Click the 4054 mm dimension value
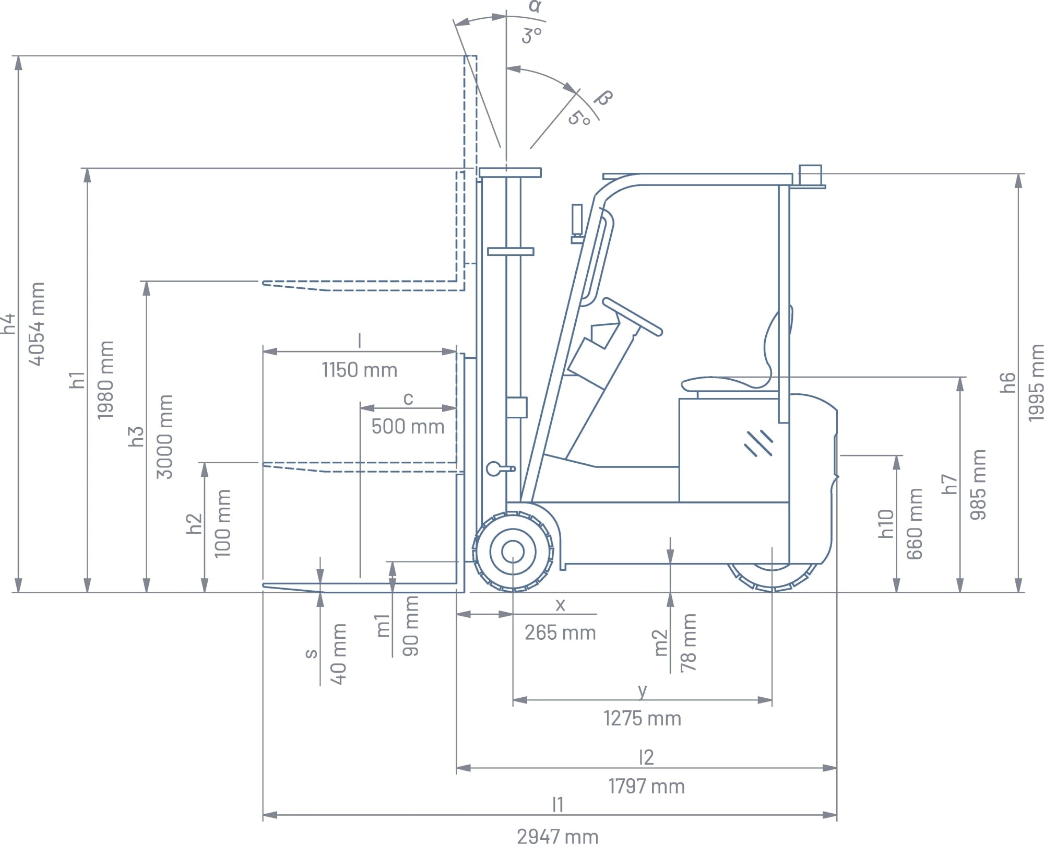[x=37, y=324]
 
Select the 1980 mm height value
[x=105, y=380]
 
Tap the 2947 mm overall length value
[x=557, y=836]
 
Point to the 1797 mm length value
[x=646, y=786]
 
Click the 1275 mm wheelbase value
[x=642, y=719]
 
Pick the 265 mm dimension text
[x=560, y=633]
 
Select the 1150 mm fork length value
[x=359, y=370]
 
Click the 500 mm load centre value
[x=408, y=427]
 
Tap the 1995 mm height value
[x=1036, y=382]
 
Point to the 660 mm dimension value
[x=914, y=524]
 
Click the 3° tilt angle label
[x=531, y=36]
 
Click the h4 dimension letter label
[x=9, y=324]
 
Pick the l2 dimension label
[x=646, y=757]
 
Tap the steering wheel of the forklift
[x=632, y=316]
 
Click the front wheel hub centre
[x=513, y=552]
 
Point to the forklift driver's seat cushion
[x=726, y=384]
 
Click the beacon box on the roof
[x=810, y=174]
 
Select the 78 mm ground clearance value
[x=689, y=642]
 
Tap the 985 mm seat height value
[x=978, y=484]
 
